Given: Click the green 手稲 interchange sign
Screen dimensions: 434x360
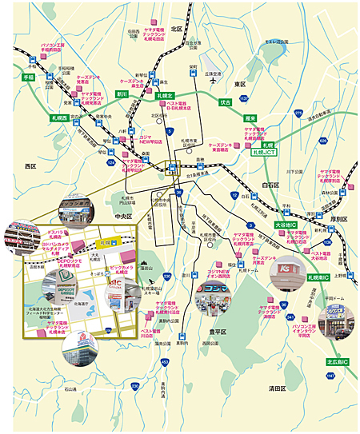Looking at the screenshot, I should tap(29, 78).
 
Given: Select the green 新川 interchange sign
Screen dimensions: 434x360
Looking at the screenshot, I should tap(122, 94).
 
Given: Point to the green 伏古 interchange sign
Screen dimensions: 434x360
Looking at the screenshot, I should tap(225, 102).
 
